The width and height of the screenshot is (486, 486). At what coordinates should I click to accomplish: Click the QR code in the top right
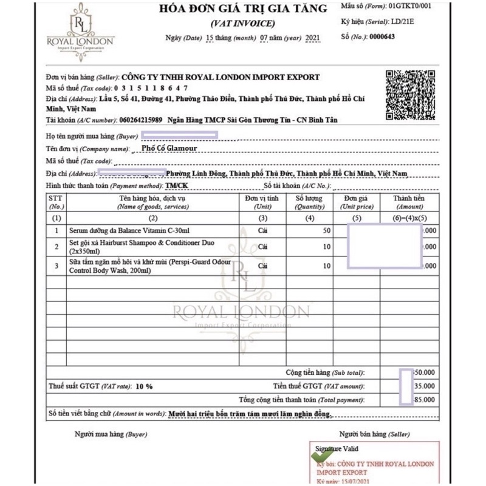(x=411, y=95)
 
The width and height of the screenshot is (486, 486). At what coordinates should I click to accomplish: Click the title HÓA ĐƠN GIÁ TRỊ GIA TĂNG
(x=242, y=9)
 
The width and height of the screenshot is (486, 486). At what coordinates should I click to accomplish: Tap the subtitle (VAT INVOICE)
(x=242, y=24)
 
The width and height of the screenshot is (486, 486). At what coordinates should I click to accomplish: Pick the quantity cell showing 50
(x=326, y=231)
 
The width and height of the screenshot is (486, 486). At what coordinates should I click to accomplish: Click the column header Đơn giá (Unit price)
(x=357, y=202)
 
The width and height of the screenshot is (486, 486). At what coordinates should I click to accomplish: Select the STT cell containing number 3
(x=56, y=266)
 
